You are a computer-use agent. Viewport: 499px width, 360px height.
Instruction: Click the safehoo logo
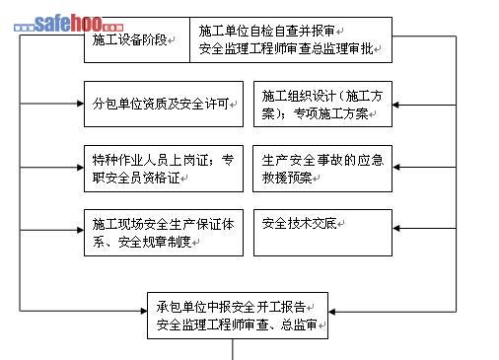coord(69,24)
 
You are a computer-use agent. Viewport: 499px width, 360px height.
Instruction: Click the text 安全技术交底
coord(299,224)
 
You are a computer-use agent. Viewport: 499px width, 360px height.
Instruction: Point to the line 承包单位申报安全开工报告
coord(231,307)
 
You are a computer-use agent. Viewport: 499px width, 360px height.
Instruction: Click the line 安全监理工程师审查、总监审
coord(237,324)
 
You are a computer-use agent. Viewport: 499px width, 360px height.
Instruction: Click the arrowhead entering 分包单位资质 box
coord(81,104)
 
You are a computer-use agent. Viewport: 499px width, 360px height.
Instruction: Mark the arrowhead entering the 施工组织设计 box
coord(395,105)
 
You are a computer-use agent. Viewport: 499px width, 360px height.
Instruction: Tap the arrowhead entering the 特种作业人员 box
coord(81,168)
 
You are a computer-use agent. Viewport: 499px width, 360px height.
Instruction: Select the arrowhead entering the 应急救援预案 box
coord(395,167)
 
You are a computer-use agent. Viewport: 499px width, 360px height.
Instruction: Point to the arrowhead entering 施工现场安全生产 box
coord(81,230)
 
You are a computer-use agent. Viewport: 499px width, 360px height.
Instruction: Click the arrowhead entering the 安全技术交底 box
coord(395,228)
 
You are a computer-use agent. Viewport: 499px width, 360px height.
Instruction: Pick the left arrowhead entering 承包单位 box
coord(144,311)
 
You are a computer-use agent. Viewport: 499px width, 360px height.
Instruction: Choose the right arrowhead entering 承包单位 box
coord(331,312)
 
